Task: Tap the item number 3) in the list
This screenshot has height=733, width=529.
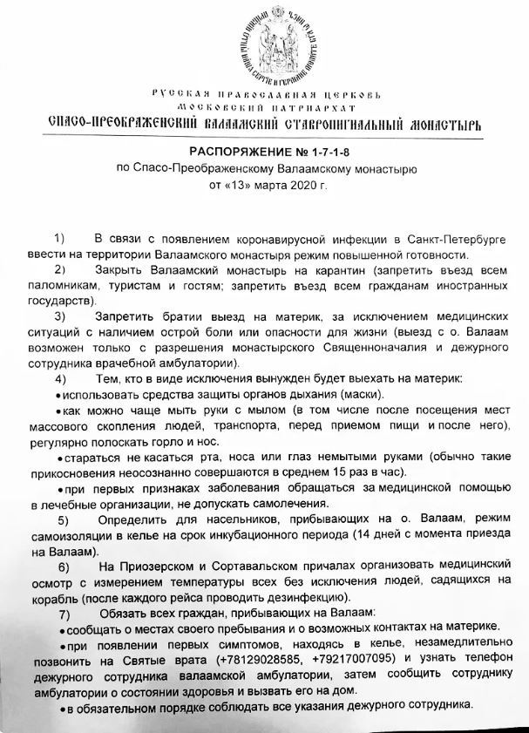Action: pos(60,315)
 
